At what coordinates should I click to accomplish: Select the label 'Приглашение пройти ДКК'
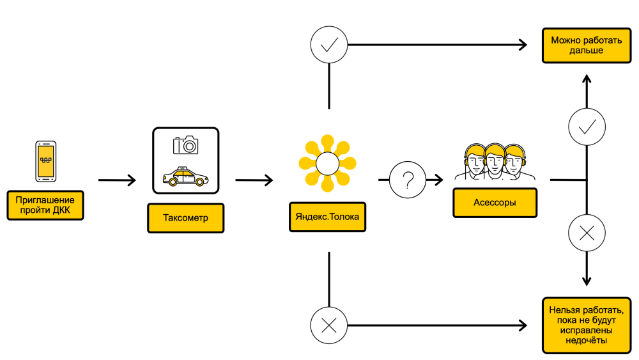[x=45, y=204]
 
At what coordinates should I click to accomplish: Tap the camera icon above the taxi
[x=186, y=145]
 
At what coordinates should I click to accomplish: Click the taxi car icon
[x=186, y=176]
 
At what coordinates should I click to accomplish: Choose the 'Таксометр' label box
[x=186, y=218]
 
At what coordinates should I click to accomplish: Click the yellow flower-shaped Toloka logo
[x=327, y=164]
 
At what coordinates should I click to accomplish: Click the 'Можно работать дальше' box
[x=582, y=45]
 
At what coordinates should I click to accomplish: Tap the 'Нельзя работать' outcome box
[x=582, y=325]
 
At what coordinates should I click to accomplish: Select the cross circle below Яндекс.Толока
[x=328, y=325]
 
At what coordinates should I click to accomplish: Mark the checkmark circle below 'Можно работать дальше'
[x=587, y=127]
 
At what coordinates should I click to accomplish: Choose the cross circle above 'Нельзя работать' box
[x=587, y=234]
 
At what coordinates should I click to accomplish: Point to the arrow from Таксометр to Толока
[x=254, y=180]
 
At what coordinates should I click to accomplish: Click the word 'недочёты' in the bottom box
[x=582, y=341]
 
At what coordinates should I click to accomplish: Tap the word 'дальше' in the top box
[x=582, y=51]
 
